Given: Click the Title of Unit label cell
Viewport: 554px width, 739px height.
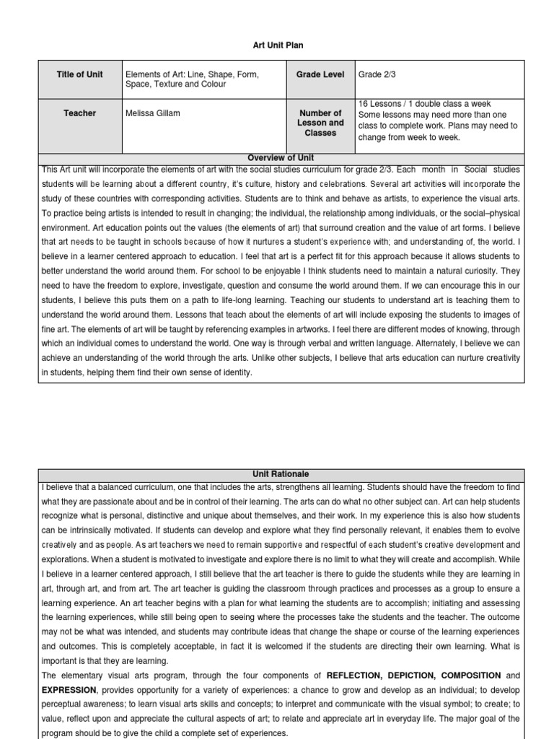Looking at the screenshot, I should tap(79, 74).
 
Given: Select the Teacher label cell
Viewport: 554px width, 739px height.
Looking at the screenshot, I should tap(79, 113).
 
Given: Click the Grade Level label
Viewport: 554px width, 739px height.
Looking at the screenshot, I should tap(320, 74).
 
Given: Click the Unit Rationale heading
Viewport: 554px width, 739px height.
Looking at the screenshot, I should tap(281, 474).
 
